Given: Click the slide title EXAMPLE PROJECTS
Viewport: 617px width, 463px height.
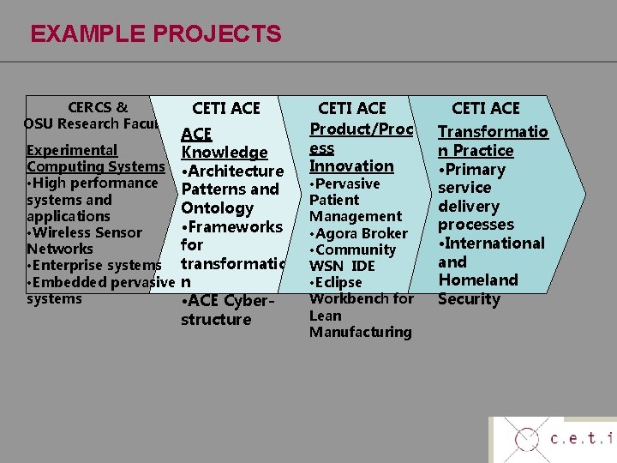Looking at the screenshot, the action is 155,33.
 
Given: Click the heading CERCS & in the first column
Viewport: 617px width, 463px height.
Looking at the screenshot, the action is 98,107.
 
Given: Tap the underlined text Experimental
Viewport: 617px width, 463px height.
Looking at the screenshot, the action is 72,150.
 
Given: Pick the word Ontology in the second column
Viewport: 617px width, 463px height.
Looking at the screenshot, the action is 217,207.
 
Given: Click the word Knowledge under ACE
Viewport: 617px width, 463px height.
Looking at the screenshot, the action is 225,152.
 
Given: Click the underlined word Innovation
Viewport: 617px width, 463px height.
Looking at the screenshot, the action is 351,165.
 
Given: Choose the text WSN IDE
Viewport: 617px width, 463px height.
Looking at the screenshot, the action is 342,266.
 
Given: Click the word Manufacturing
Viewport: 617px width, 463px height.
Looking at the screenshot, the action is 360,332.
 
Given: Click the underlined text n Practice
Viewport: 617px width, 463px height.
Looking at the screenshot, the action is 476,150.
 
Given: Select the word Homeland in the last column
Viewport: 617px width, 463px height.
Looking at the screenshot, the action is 478,280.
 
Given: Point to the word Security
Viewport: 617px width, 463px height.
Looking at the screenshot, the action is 469,298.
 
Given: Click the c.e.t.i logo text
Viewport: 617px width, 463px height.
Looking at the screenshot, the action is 582,440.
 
